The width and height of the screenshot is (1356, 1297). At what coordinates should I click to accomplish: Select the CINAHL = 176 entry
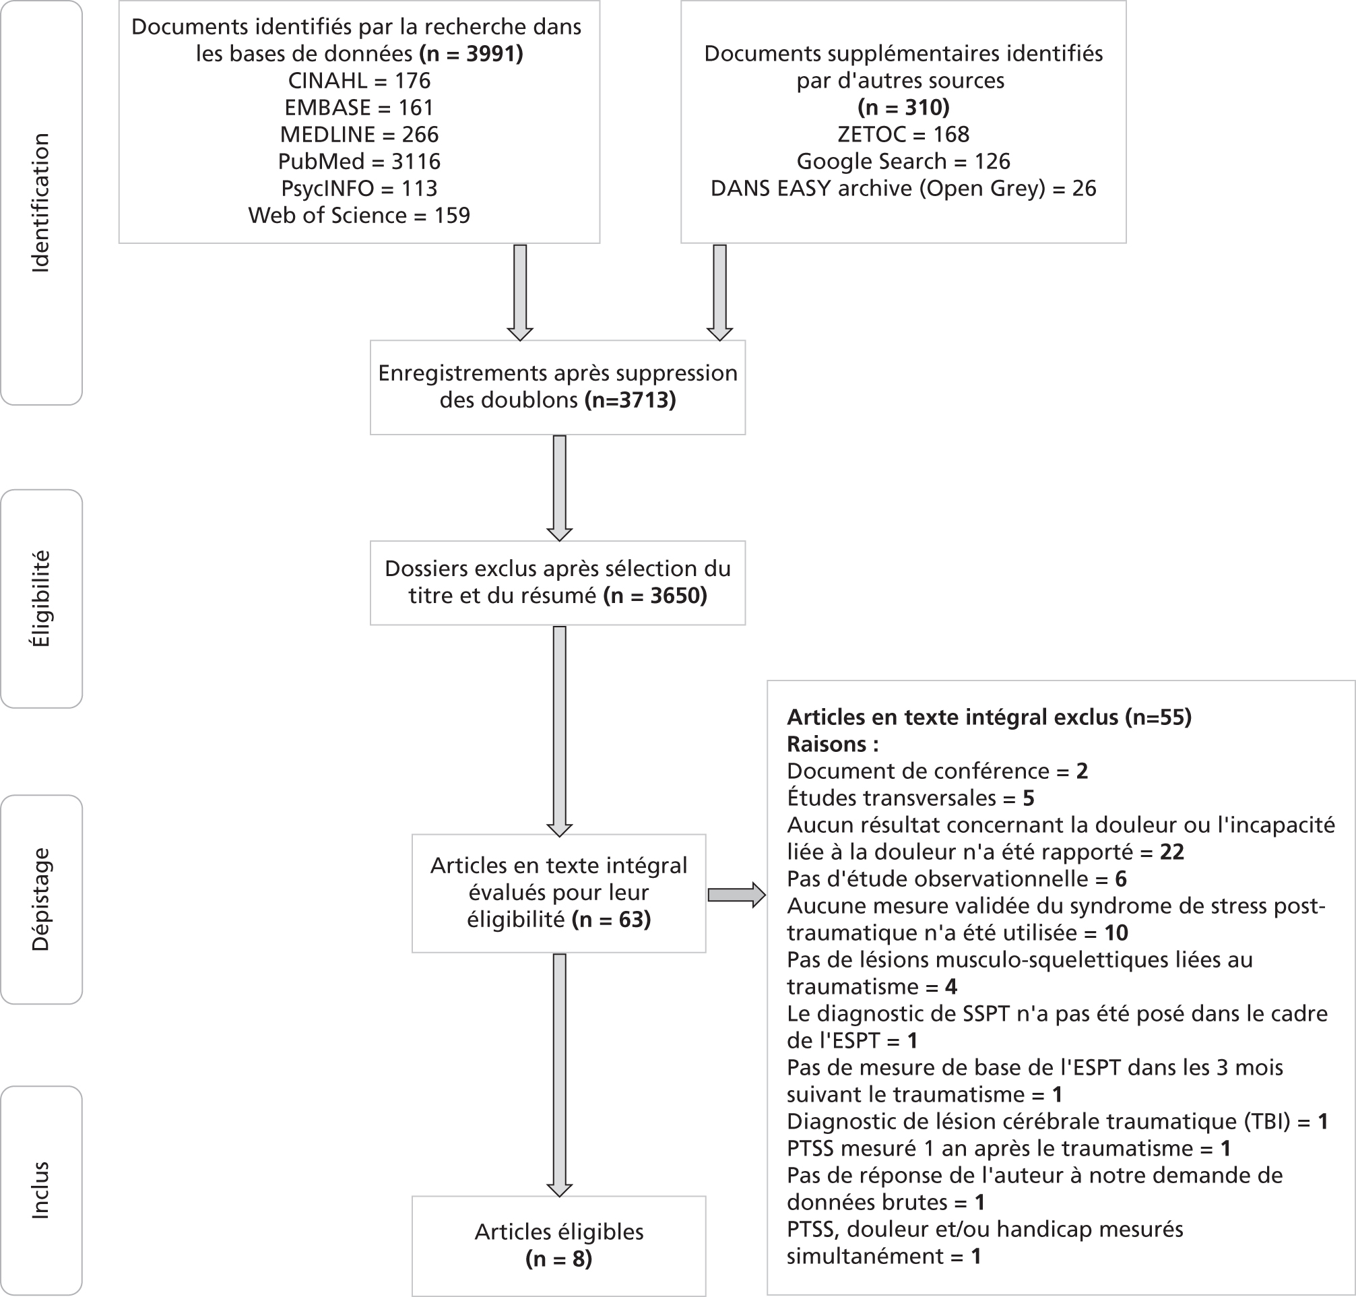360,80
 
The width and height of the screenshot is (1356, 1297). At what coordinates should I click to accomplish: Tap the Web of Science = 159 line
360,215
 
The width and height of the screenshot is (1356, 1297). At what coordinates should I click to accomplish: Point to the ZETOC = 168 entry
903,134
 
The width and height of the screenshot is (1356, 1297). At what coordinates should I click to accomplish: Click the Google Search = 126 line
903,161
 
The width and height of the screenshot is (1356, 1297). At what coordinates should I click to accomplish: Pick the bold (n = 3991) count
472,53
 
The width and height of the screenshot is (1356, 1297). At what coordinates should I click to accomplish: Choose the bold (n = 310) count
903,107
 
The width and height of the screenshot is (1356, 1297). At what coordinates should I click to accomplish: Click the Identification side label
40,203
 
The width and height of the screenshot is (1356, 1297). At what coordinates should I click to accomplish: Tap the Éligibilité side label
40,599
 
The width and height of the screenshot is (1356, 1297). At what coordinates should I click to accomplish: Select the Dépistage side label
40,899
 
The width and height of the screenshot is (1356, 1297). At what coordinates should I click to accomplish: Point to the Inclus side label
40,1190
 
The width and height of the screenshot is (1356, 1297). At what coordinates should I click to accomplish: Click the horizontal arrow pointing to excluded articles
737,895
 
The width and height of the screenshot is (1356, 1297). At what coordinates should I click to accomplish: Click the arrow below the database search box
520,292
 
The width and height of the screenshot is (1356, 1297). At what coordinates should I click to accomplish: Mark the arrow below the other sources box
719,292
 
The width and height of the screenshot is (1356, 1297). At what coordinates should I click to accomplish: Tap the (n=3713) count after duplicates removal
630,400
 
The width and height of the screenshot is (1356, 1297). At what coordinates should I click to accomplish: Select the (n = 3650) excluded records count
655,595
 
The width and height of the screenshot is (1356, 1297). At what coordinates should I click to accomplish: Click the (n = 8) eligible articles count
559,1259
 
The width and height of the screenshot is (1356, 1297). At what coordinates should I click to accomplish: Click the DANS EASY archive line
903,188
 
